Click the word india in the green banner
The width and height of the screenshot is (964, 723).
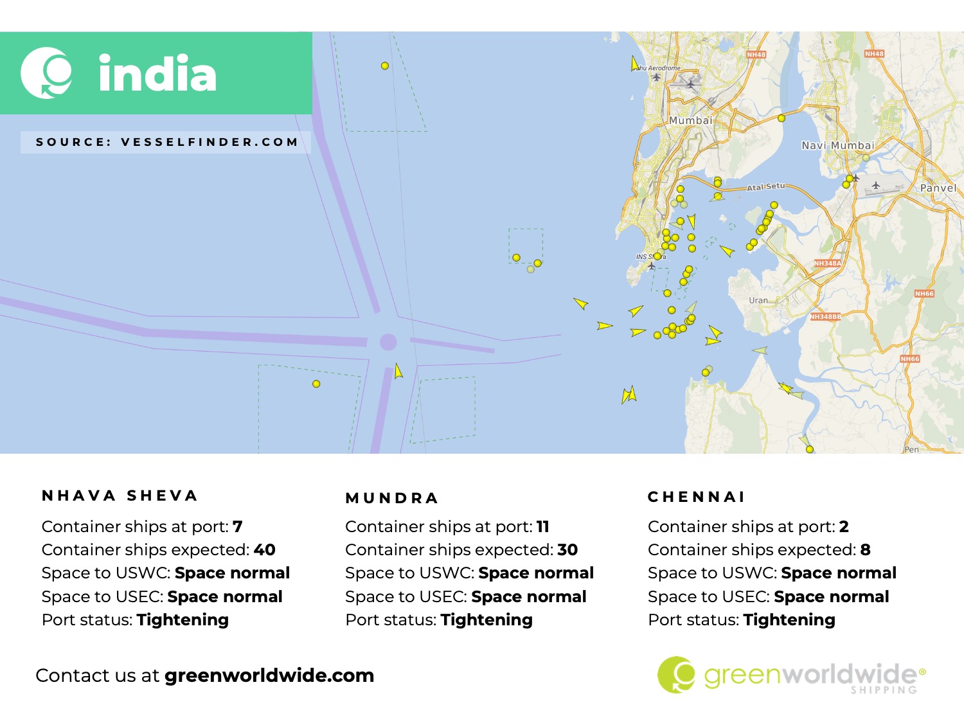tap(157, 73)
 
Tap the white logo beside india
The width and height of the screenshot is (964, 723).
tap(46, 73)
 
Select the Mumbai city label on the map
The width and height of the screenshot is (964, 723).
tap(691, 120)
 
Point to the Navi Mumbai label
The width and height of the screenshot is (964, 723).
tap(838, 145)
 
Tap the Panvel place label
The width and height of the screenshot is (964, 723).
tap(938, 188)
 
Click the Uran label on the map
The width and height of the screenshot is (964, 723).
tap(758, 300)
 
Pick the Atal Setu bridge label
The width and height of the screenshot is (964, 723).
tap(766, 187)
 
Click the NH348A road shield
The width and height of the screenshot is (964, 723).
tap(827, 263)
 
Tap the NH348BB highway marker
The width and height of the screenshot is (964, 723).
tap(825, 317)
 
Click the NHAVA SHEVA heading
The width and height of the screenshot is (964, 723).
tap(120, 495)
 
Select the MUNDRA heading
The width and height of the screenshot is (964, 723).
tap(392, 498)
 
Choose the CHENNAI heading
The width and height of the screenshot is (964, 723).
tap(697, 497)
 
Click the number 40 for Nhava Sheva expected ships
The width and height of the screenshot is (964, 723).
tap(265, 550)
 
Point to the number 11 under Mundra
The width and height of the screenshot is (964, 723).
tap(543, 527)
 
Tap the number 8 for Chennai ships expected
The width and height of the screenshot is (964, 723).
tap(866, 550)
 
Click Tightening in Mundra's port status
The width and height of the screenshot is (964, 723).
tap(486, 620)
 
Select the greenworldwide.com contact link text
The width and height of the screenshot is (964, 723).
tap(269, 675)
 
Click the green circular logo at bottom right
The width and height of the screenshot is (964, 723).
tap(676, 675)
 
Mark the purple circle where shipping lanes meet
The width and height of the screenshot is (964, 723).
tap(388, 342)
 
